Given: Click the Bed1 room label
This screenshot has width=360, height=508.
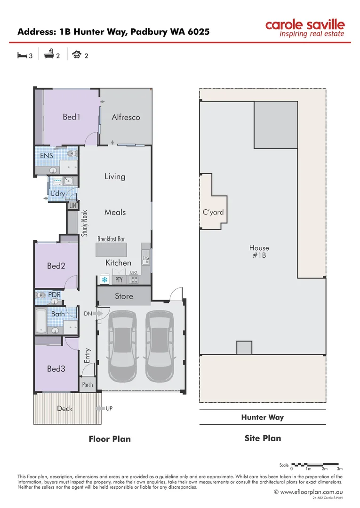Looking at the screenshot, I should [72, 117].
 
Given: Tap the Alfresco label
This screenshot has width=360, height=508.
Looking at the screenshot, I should [126, 117].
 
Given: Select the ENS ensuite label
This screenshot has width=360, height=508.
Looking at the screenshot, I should [47, 156].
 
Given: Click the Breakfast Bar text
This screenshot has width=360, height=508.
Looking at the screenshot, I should [111, 239].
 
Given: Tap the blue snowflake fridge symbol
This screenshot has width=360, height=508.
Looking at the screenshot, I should [104, 280].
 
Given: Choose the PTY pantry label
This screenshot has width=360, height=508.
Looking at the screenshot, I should [119, 280].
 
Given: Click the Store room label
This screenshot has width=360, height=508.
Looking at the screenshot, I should [124, 296].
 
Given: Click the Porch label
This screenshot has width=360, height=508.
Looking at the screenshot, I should [88, 385].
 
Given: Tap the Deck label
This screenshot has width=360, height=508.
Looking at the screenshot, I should [64, 408].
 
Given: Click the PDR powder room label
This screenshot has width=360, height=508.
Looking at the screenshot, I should [55, 295].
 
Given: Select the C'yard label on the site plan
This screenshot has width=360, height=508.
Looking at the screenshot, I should [213, 212].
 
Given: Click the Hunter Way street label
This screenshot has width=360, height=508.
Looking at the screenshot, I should [262, 417].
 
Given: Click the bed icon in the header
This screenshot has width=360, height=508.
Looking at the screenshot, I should [22, 56].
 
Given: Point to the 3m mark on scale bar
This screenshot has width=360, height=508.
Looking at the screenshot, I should [340, 469].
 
